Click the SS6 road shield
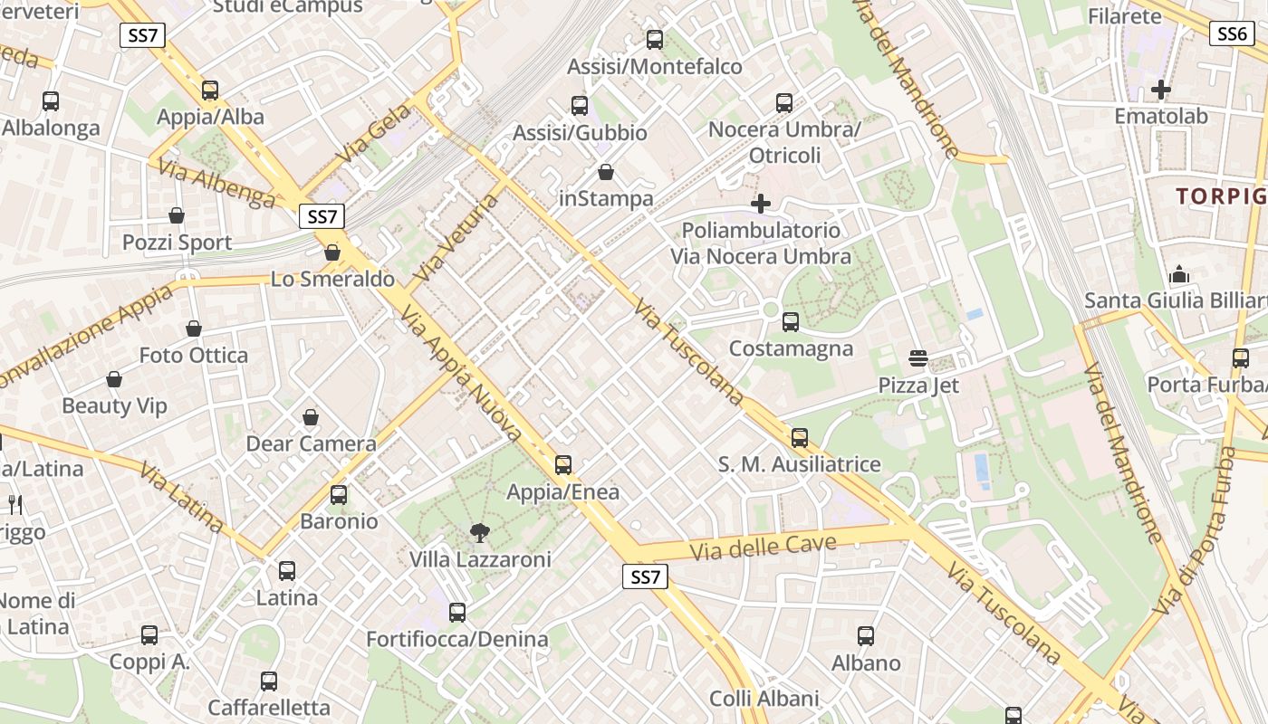(x=1232, y=34)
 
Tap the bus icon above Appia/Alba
(x=210, y=90)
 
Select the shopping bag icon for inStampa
(x=606, y=172)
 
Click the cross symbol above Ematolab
(x=1160, y=90)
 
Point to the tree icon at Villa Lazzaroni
(x=479, y=533)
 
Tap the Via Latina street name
(x=182, y=497)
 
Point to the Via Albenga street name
(x=215, y=184)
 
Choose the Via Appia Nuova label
(x=461, y=372)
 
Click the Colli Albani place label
(x=764, y=699)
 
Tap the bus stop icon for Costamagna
(x=791, y=321)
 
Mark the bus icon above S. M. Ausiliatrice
(x=799, y=438)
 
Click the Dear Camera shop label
(x=311, y=443)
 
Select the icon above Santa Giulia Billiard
(x=1179, y=273)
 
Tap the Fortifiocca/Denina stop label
(x=456, y=639)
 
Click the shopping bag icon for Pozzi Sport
(x=177, y=215)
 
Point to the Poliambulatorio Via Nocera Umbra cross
(x=761, y=204)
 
